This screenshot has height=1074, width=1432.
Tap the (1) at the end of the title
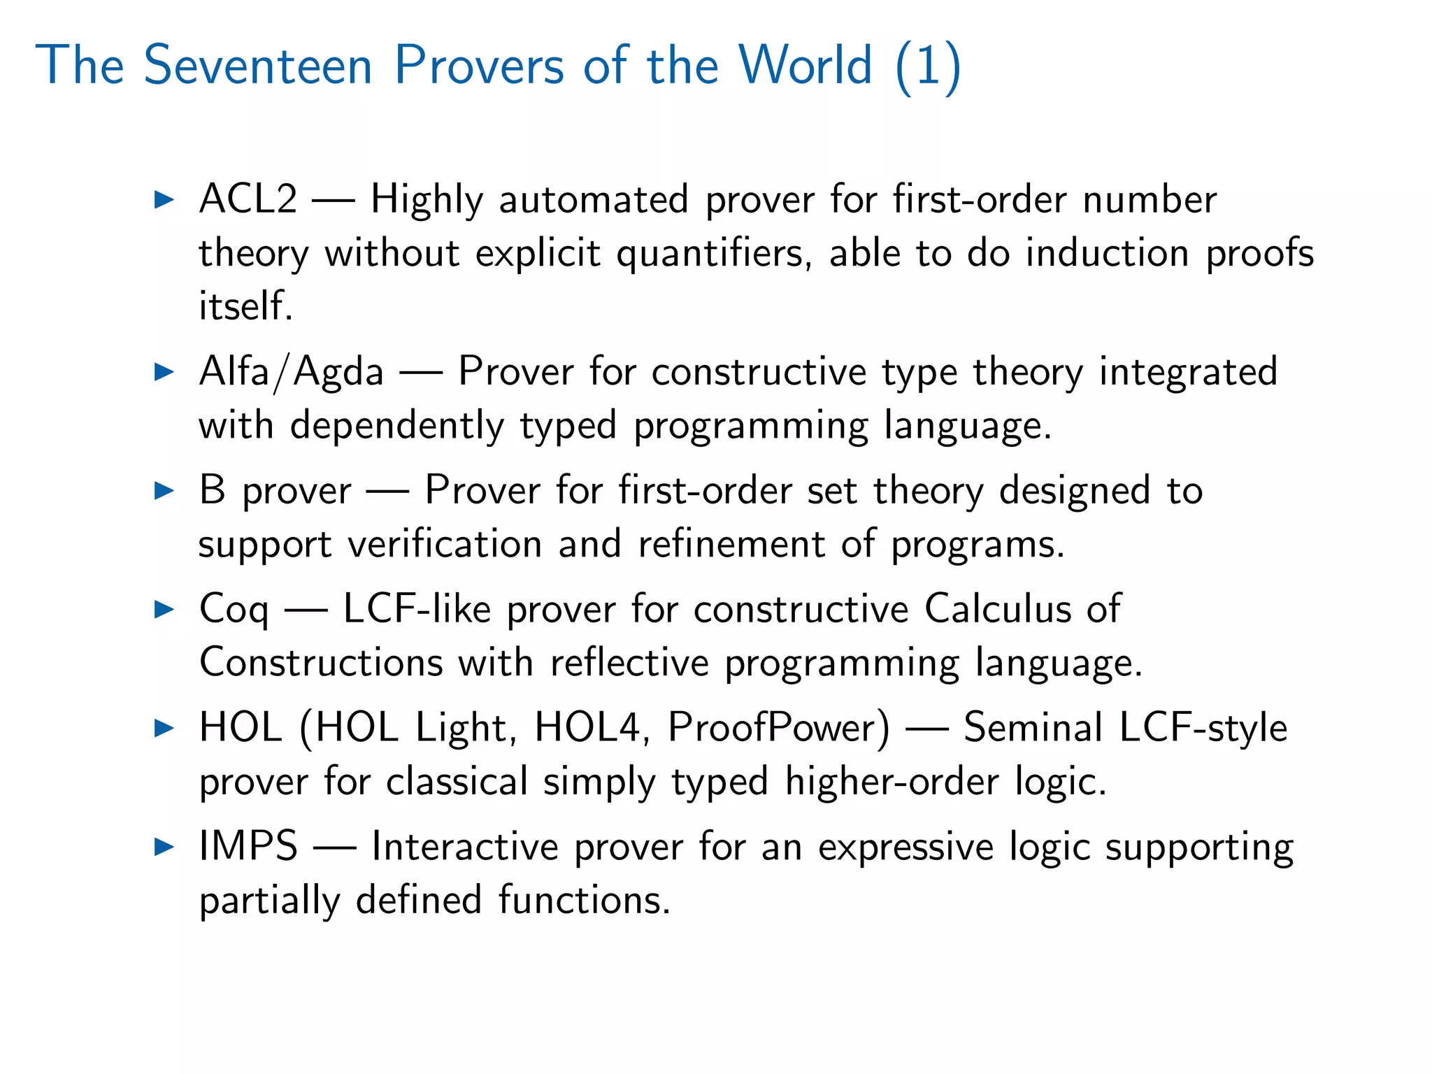[x=928, y=66]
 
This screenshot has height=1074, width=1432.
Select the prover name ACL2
[x=248, y=199]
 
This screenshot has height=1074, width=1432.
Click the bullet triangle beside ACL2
[x=164, y=200]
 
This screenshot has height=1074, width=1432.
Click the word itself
[x=245, y=306]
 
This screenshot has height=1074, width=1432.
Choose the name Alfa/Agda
[x=291, y=371]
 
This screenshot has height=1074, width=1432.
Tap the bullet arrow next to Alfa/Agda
[x=164, y=371]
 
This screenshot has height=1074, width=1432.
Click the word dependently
[x=396, y=425]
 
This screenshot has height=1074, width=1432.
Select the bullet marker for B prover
[x=164, y=490]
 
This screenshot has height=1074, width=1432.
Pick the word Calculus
[x=998, y=608]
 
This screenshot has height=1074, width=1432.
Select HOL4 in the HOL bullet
[x=587, y=727]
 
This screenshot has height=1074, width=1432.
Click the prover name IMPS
[x=248, y=846]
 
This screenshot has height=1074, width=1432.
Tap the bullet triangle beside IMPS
[x=164, y=847]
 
